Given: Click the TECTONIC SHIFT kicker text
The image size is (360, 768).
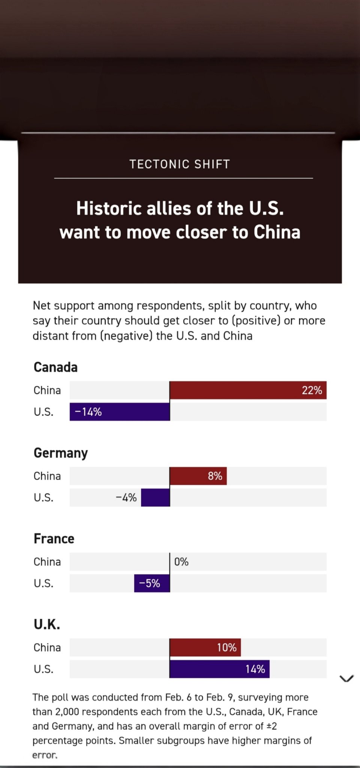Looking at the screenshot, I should point(180,164).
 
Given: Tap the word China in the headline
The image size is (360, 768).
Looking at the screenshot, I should point(277,232).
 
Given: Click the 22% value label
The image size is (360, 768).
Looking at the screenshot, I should point(312,390).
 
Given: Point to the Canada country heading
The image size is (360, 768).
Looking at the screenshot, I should point(55,367).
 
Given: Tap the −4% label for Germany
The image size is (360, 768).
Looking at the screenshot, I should point(126,498).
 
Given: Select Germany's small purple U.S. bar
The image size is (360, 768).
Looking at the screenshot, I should point(155,498).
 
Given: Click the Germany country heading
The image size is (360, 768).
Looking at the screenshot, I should point(61,453).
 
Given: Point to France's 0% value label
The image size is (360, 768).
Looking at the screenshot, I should point(181,562).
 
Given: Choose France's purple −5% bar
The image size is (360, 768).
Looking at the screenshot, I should point(152,583).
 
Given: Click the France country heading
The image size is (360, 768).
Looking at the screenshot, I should point(54,538).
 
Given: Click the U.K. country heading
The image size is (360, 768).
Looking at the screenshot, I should point(47,624).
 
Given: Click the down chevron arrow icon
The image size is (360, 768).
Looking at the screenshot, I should point(346,678).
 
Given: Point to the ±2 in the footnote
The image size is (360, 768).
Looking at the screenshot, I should point(271,726).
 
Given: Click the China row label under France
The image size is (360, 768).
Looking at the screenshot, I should point(47,562).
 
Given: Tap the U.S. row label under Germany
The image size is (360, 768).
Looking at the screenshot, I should point(43,498).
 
